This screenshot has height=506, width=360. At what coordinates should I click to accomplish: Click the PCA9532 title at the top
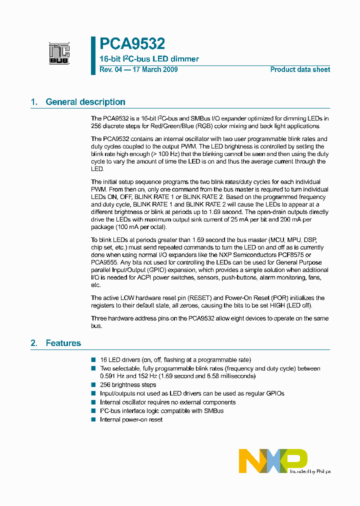tap(132, 44)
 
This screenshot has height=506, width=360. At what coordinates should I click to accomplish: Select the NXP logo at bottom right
tap(273, 460)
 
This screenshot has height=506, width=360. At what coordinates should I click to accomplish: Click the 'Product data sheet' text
tap(300, 69)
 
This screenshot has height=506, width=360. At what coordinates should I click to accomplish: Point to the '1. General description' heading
tap(78, 102)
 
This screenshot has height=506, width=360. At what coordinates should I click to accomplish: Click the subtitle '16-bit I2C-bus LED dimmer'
tap(149, 59)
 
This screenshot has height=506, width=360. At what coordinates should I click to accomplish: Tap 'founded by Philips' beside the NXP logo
tap(309, 471)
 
